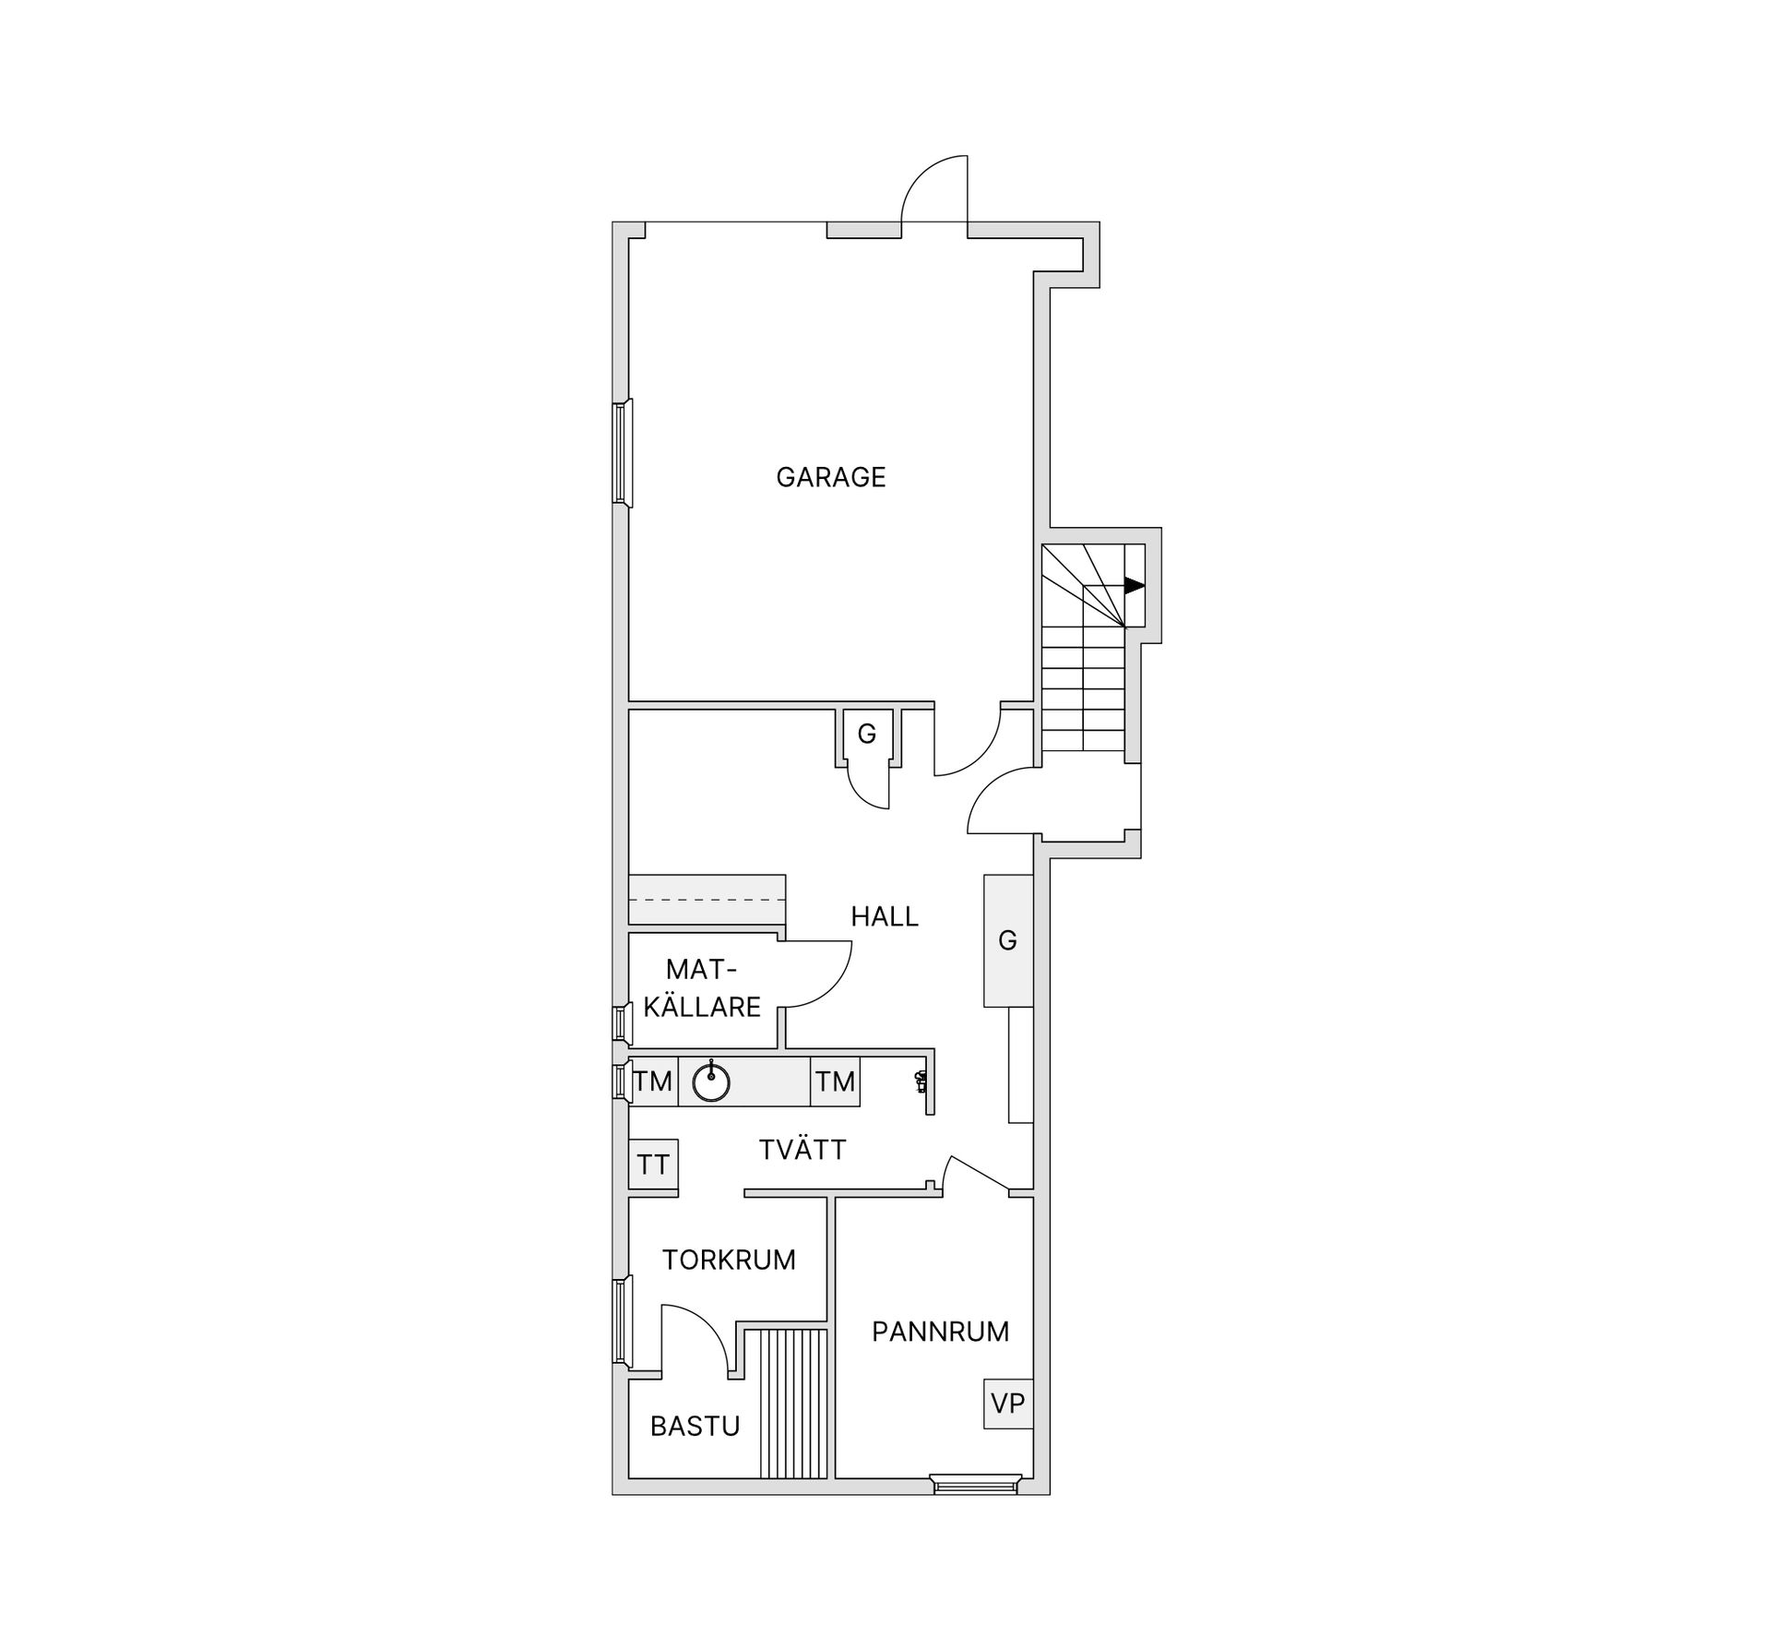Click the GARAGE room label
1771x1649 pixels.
(830, 477)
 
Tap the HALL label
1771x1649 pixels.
(884, 916)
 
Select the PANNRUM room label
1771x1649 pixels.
(940, 1332)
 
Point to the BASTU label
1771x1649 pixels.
(695, 1427)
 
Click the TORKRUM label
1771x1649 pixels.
(729, 1260)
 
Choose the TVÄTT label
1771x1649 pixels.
(802, 1150)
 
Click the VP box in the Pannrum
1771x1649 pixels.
(1007, 1404)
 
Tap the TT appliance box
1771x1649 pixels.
(653, 1165)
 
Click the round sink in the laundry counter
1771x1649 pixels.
(711, 1081)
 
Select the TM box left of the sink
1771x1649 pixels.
(653, 1081)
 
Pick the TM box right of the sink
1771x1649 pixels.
(835, 1081)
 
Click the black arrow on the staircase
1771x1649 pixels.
(1134, 585)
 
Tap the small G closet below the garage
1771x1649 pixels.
(867, 735)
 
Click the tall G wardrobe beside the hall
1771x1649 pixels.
(1007, 940)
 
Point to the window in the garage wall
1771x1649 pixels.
(623, 453)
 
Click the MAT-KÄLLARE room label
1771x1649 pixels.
(702, 988)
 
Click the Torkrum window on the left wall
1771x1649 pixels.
(623, 1320)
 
